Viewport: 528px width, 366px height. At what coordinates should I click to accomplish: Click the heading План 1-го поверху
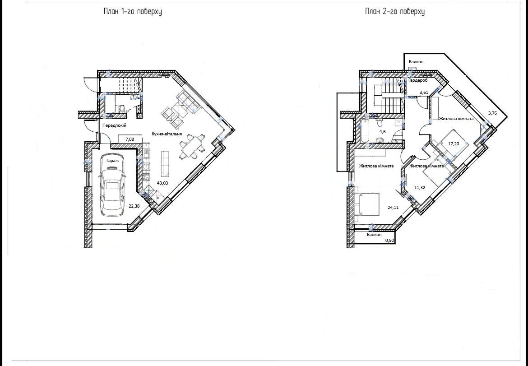pos(133,11)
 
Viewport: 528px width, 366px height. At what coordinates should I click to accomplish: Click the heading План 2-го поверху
pos(395,11)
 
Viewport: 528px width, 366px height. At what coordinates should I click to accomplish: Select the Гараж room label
pos(112,161)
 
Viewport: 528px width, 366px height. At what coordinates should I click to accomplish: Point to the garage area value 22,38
pos(134,206)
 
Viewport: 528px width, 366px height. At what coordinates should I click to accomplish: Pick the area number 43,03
pos(162,183)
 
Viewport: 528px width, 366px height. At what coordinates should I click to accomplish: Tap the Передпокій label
pos(115,125)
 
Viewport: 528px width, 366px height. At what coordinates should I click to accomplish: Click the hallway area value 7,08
pos(130,139)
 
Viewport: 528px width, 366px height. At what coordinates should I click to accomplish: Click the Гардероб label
pos(418,81)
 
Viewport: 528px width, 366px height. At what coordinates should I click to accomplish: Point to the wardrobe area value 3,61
pos(424,92)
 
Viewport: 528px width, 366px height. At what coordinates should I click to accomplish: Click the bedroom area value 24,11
pos(393,208)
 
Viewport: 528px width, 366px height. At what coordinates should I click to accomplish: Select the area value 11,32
pos(420,188)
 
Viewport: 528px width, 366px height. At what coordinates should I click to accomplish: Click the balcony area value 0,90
pos(390,241)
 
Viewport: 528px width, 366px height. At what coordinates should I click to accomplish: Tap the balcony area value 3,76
pos(492,113)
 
